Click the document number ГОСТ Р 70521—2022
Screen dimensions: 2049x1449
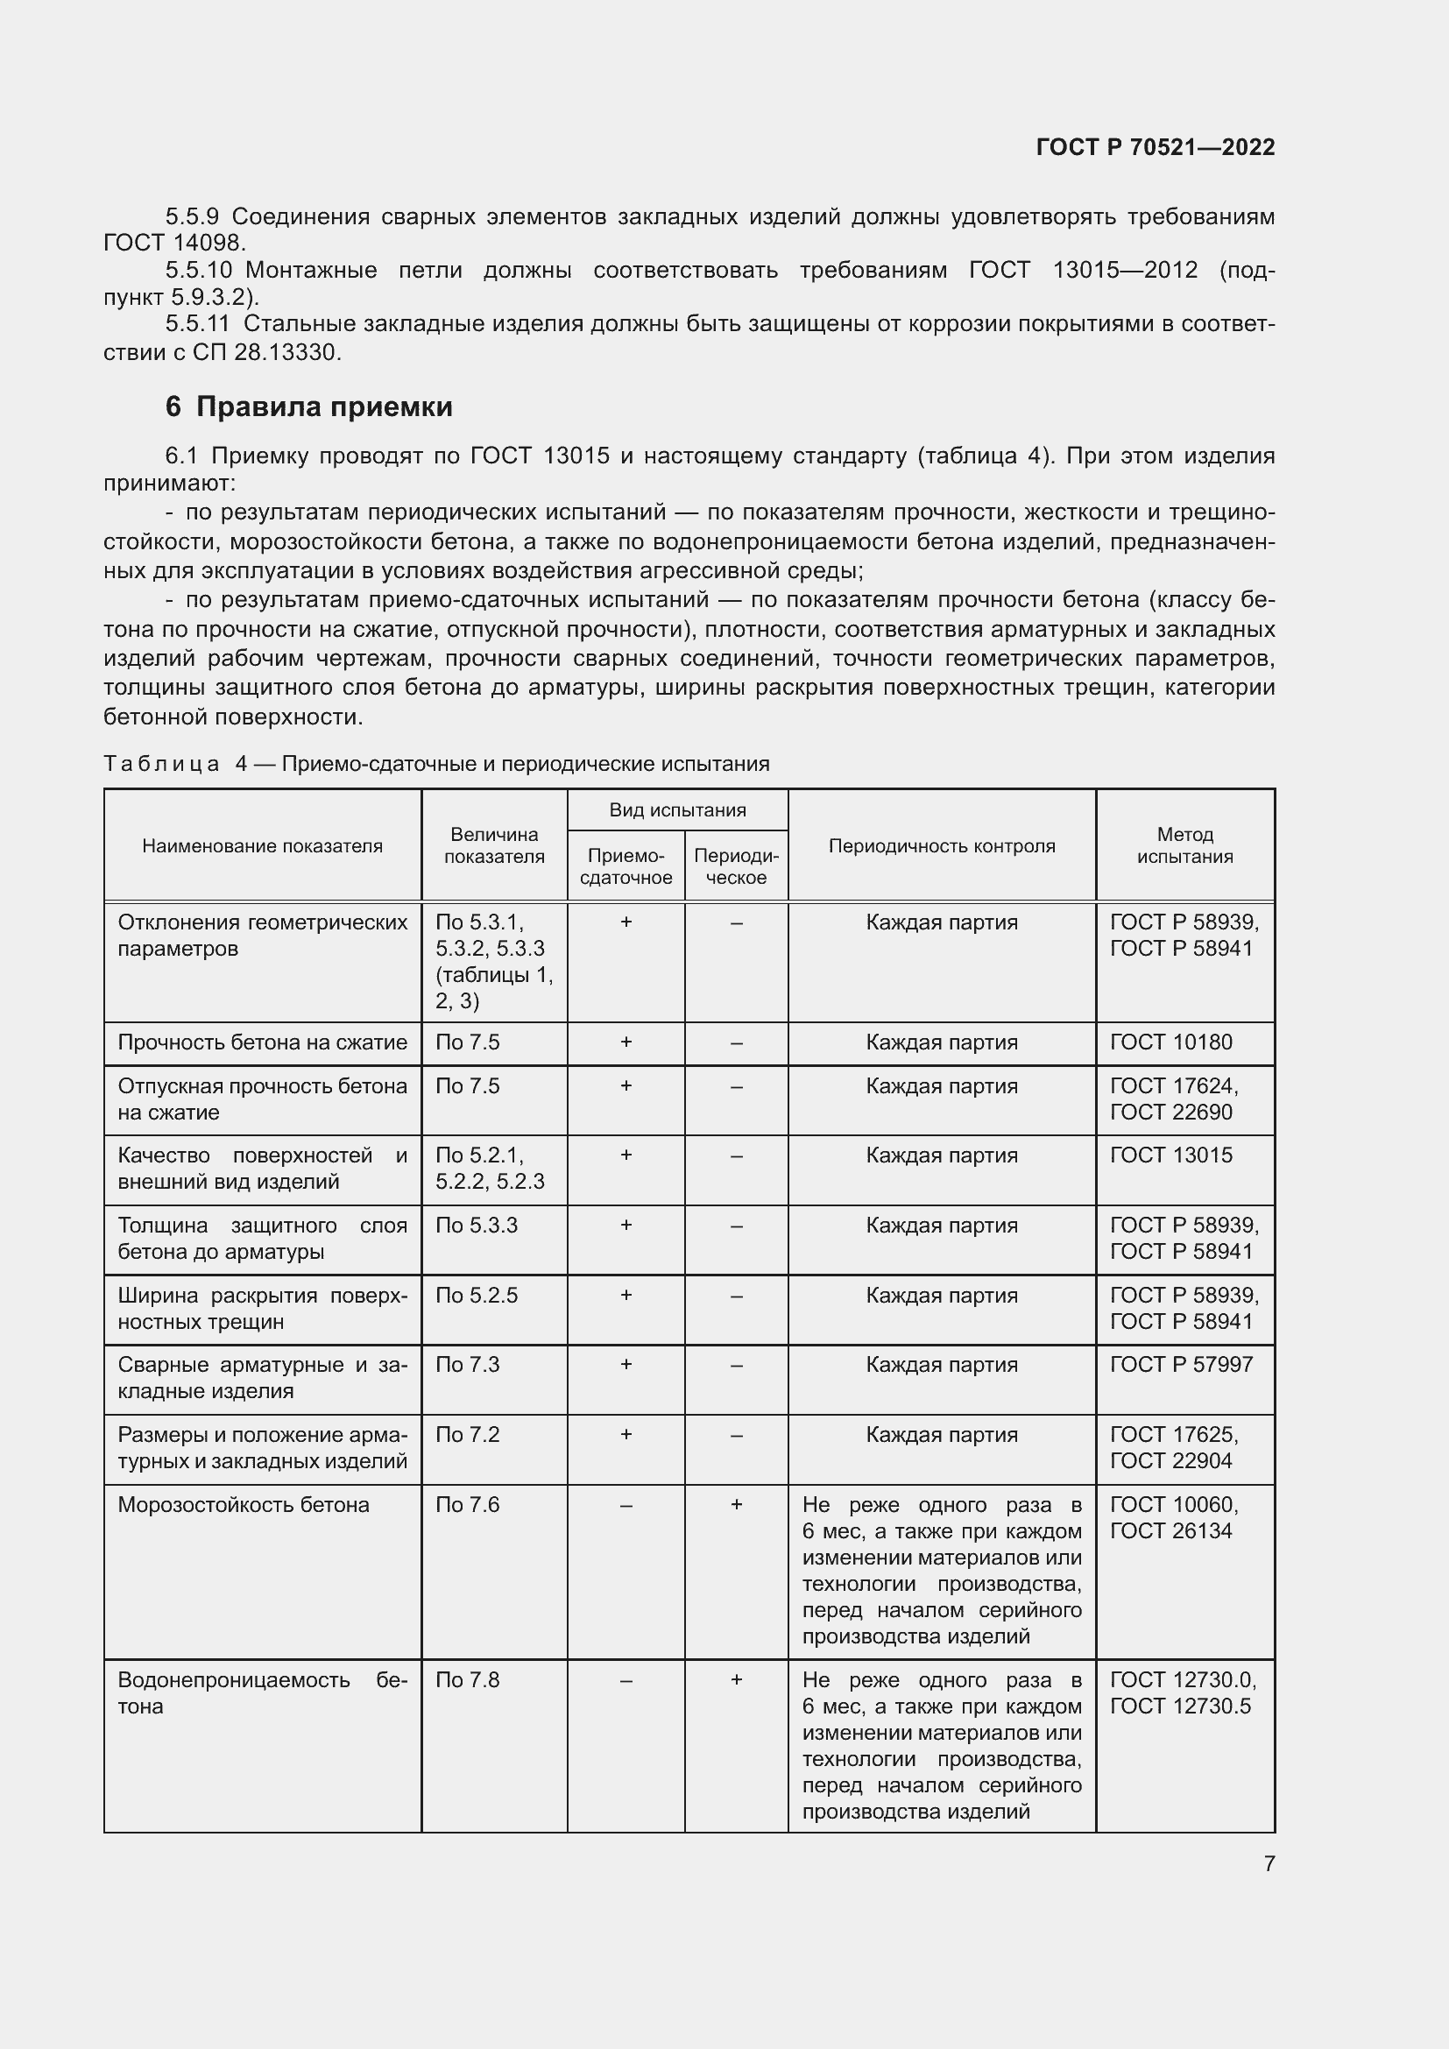(1156, 147)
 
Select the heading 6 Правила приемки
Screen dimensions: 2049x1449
(308, 407)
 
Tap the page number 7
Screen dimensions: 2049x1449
(1269, 1863)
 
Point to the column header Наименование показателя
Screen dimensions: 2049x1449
(262, 846)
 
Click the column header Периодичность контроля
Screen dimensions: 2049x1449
(941, 846)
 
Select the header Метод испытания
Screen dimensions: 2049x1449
(1185, 845)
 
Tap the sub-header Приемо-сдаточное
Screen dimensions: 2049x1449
(626, 866)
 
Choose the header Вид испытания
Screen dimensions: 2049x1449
(677, 810)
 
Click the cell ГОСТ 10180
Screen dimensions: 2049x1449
(1170, 1042)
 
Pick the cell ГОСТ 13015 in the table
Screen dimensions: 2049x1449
(1170, 1155)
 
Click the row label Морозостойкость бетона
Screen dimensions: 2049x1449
(244, 1506)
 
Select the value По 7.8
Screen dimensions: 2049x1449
(468, 1680)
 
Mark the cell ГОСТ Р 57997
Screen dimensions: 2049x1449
(1181, 1365)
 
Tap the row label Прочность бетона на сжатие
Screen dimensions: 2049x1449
(262, 1042)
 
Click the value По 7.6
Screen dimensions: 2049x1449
(468, 1506)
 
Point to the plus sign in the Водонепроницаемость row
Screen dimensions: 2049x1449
(736, 1680)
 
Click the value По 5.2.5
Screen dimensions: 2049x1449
(477, 1296)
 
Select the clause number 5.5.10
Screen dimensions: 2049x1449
(198, 271)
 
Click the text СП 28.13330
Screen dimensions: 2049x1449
(267, 352)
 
